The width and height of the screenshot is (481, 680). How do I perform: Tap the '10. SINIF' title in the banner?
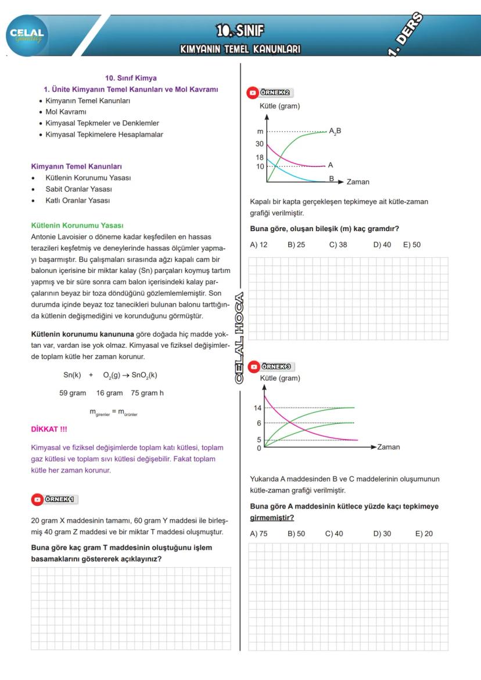(x=240, y=30)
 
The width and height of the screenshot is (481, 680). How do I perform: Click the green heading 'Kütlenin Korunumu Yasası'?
(x=77, y=225)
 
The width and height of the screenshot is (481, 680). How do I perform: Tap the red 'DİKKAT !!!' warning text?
(x=49, y=429)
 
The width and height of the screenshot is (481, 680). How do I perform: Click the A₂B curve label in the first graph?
(x=335, y=131)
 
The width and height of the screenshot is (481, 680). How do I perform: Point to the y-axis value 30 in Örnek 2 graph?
(x=260, y=144)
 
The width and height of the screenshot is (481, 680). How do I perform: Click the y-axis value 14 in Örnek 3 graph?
(x=258, y=408)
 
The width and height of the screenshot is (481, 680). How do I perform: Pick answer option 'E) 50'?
(x=411, y=244)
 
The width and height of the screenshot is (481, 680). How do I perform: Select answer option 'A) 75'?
(x=259, y=534)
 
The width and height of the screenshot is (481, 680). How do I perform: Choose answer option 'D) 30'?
(x=382, y=534)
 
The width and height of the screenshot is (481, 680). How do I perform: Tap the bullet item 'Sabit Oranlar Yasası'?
(x=78, y=189)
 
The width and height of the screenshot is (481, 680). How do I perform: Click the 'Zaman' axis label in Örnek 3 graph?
(x=388, y=447)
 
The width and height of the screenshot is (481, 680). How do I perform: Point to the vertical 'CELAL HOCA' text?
(x=240, y=337)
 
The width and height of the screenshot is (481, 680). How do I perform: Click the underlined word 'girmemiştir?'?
(x=272, y=517)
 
